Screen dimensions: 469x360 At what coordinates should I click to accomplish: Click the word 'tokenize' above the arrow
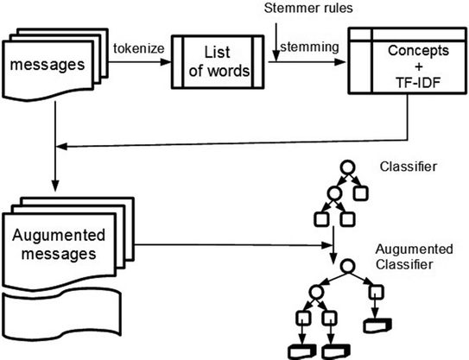click(x=139, y=48)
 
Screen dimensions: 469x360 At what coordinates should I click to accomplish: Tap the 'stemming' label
click(x=309, y=47)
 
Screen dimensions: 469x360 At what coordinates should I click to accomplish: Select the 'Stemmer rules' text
click(x=308, y=8)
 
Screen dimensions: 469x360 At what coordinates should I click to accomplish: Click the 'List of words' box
click(x=218, y=62)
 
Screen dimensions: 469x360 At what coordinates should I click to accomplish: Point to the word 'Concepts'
click(x=418, y=51)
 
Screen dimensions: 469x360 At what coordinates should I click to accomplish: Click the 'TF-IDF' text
click(x=418, y=83)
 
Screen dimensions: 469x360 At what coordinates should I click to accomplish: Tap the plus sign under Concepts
click(x=419, y=66)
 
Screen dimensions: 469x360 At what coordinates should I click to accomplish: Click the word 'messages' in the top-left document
click(x=48, y=65)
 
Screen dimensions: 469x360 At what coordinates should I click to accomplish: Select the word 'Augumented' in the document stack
click(x=59, y=236)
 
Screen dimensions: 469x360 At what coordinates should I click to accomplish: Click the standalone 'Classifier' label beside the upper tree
click(x=409, y=167)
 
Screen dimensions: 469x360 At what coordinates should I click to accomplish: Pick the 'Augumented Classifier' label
click(x=415, y=256)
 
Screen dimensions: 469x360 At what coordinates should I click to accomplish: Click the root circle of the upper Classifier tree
click(x=347, y=167)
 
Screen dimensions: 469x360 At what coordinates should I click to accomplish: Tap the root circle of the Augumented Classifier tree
click(x=348, y=266)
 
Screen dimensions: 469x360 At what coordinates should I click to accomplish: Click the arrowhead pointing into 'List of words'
click(x=166, y=62)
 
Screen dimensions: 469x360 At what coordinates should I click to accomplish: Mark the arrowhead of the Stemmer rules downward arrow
click(x=276, y=56)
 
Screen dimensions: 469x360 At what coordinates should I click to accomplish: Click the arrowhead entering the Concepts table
click(x=340, y=62)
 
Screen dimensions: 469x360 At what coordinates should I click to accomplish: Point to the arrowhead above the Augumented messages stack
click(x=55, y=186)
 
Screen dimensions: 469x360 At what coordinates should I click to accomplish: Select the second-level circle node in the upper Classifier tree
click(x=334, y=193)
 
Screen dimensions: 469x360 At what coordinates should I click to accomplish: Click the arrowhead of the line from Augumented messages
click(x=327, y=245)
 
